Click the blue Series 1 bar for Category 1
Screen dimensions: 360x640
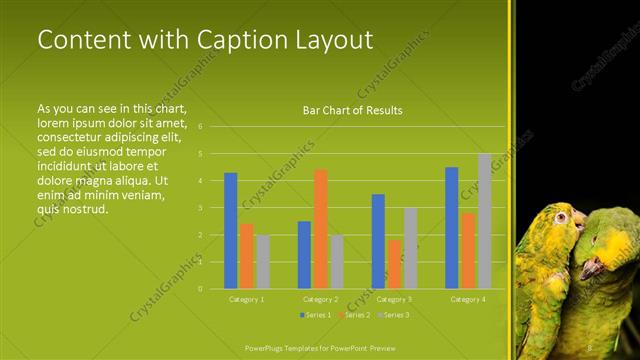click(231, 231)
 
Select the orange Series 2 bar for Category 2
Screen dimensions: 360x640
click(321, 229)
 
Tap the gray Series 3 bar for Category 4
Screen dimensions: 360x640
click(484, 221)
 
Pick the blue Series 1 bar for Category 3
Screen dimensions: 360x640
click(378, 241)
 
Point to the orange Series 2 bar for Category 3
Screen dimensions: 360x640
click(394, 264)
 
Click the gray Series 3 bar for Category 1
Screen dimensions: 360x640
click(263, 262)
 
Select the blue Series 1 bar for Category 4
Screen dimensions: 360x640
click(452, 228)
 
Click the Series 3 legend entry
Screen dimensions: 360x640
click(394, 315)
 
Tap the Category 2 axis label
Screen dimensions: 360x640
click(321, 299)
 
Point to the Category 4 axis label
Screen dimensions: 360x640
click(468, 299)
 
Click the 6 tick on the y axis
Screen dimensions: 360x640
click(201, 127)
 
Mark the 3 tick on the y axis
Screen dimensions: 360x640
click(201, 208)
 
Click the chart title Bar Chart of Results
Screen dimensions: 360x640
click(352, 110)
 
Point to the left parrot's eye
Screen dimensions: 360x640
click(562, 217)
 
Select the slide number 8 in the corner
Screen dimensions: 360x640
click(590, 347)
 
